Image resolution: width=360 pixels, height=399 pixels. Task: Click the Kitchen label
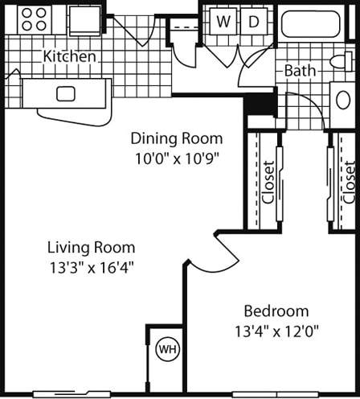click(71, 57)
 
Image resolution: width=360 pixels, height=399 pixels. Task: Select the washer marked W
click(224, 22)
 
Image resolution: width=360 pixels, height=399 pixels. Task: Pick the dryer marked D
click(253, 22)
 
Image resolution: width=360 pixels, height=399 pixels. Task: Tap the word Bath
click(299, 71)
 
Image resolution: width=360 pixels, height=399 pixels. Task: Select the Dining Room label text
click(176, 138)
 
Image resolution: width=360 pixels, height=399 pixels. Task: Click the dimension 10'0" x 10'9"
click(176, 158)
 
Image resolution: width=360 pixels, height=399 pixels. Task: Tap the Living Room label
click(91, 247)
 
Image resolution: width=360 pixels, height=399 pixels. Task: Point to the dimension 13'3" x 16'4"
click(91, 267)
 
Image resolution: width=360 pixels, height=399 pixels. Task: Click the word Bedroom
click(276, 311)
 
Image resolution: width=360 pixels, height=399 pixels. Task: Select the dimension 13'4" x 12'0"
click(276, 331)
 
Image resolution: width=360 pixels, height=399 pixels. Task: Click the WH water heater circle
click(167, 350)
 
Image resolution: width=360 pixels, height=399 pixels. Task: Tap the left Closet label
click(268, 183)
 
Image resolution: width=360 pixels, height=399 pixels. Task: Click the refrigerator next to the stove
click(85, 19)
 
